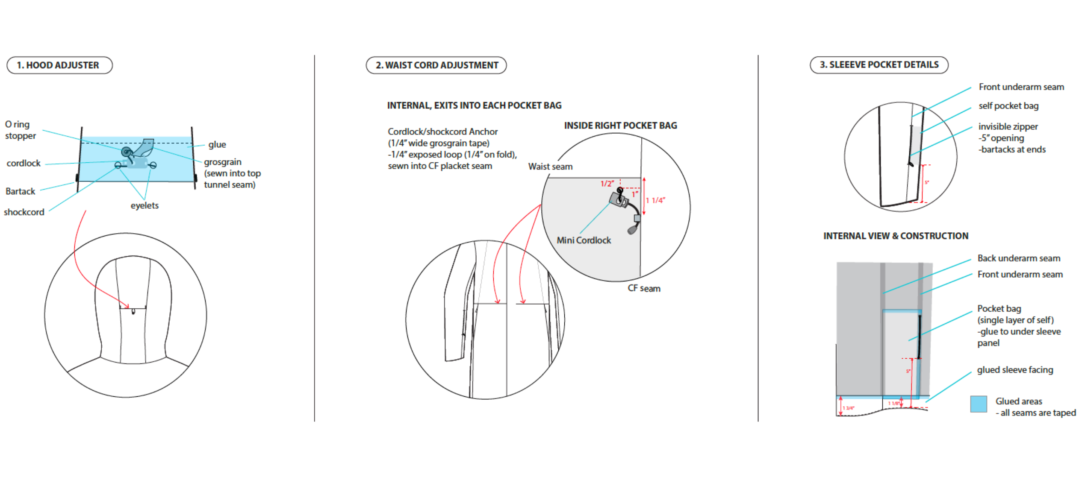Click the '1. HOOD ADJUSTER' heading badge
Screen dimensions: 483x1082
click(59, 65)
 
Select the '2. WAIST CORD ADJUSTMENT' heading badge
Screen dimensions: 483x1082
click(436, 65)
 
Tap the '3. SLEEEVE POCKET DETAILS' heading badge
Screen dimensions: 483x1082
click(879, 65)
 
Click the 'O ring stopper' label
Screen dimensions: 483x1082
click(20, 130)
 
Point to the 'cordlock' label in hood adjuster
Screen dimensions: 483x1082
click(24, 163)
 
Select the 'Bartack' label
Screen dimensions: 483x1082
click(20, 191)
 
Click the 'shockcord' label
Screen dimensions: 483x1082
click(24, 212)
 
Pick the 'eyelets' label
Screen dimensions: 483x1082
click(144, 205)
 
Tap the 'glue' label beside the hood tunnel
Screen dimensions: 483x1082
click(217, 145)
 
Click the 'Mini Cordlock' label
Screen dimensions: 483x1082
click(584, 240)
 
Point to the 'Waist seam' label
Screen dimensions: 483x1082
click(550, 167)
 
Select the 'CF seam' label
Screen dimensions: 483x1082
click(644, 288)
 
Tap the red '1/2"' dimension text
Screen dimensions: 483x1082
click(607, 184)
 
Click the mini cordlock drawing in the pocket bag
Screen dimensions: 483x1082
click(619, 199)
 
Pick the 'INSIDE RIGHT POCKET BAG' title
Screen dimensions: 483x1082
click(620, 126)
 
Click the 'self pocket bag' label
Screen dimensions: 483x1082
click(1008, 106)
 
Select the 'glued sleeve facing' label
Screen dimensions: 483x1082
click(1015, 370)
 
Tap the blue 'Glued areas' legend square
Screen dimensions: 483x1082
click(978, 404)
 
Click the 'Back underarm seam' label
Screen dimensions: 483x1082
click(1019, 258)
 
